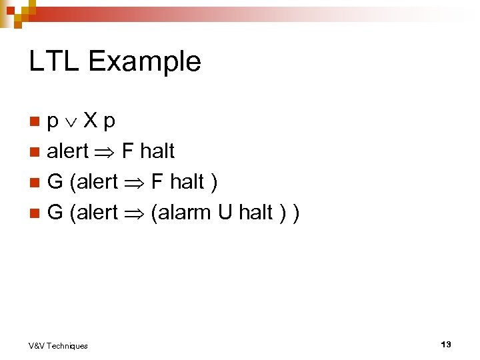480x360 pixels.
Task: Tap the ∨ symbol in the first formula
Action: click(73, 122)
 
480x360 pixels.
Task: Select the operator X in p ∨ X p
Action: click(91, 121)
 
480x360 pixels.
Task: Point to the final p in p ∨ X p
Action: click(109, 123)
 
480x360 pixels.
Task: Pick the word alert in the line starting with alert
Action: click(67, 151)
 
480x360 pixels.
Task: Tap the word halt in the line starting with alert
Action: click(157, 151)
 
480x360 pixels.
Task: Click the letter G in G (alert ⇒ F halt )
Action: click(55, 182)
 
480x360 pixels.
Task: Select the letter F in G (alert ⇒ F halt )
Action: click(157, 182)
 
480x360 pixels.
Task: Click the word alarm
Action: click(183, 213)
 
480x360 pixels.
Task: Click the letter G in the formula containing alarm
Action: click(55, 213)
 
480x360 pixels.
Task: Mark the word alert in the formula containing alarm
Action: click(97, 213)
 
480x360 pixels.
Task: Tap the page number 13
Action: click(446, 344)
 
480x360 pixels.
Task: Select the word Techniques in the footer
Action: click(67, 345)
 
